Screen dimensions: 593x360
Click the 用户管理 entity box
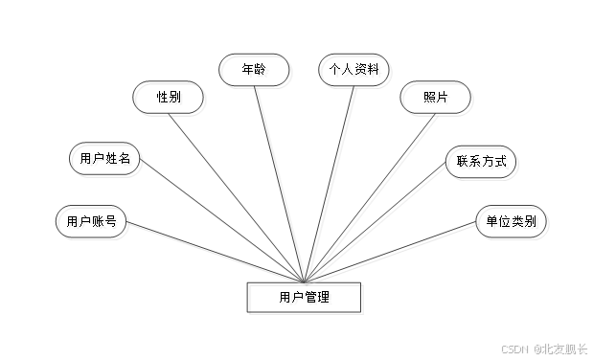[307, 299]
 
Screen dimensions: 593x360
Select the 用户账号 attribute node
[93, 224]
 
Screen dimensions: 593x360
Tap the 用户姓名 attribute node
[107, 161]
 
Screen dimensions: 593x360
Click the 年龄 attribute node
[255, 72]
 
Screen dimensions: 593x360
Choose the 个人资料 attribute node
[355, 72]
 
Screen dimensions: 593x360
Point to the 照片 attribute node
[424, 100]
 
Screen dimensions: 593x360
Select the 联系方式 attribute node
[483, 164]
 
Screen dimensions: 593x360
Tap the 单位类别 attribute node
[513, 224]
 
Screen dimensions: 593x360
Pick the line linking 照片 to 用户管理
[365, 191]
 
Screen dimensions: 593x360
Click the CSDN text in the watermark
[514, 349]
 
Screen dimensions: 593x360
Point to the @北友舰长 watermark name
[559, 349]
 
